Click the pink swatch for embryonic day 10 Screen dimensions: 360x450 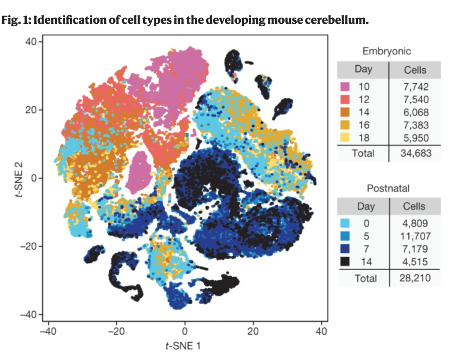[x=345, y=87]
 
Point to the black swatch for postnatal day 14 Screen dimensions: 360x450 [x=345, y=261]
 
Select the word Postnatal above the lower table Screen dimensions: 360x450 [x=388, y=188]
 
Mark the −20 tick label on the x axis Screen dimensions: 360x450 [x=114, y=332]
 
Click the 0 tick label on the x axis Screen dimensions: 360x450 [x=184, y=332]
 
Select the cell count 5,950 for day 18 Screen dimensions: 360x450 [x=415, y=137]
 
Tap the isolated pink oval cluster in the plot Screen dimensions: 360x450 [x=141, y=171]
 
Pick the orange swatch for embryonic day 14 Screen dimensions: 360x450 [x=345, y=112]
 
